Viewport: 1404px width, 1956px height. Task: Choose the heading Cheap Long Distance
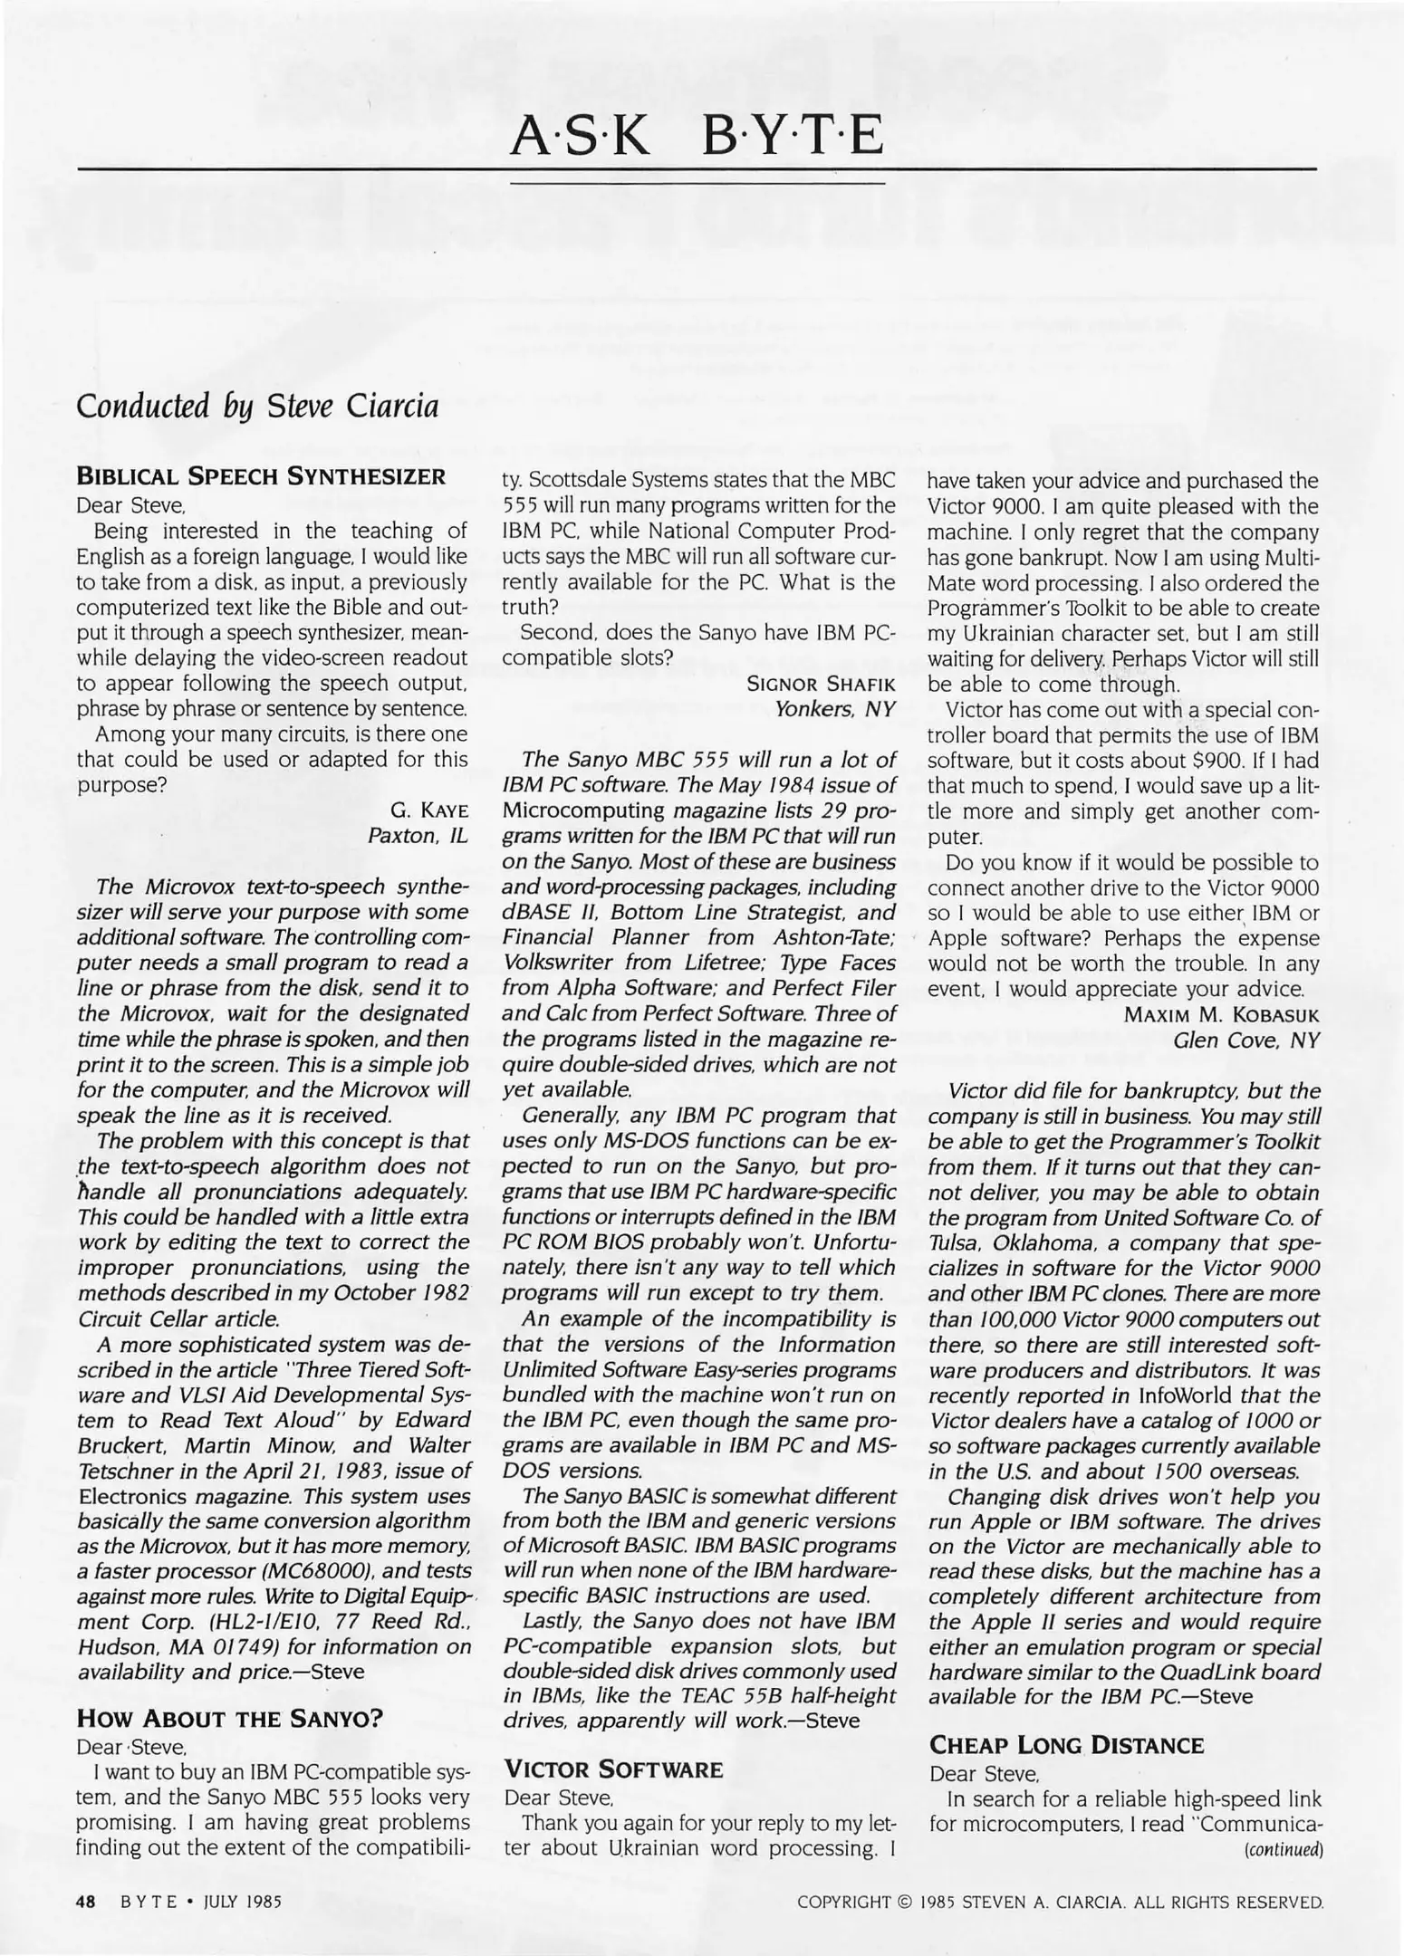1066,1744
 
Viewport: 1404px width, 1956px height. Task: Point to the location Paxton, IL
418,835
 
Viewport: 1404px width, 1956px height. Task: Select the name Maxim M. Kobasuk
1221,1014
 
